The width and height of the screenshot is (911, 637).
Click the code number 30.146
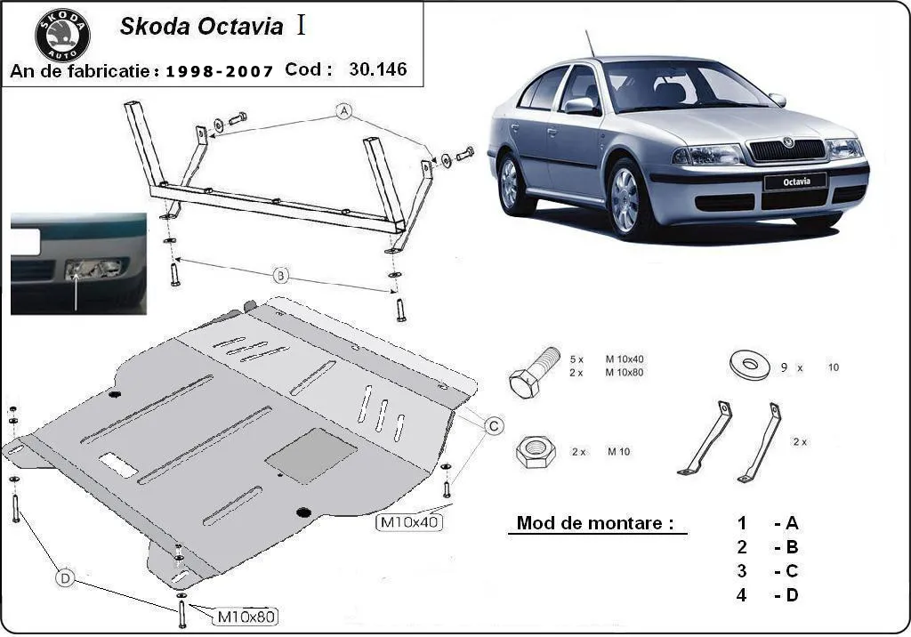click(x=378, y=69)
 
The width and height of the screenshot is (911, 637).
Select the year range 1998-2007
click(x=220, y=71)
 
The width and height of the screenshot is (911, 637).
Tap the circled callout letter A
click(x=343, y=111)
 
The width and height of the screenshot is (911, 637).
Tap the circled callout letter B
click(x=280, y=277)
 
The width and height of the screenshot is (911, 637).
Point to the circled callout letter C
click(x=493, y=426)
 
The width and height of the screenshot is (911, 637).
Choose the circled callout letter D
click(x=65, y=578)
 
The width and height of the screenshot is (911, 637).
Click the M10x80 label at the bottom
click(x=246, y=615)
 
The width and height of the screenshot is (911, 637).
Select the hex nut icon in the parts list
click(x=535, y=452)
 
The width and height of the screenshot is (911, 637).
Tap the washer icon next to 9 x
click(x=748, y=365)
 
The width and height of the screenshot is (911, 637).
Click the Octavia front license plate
click(x=794, y=181)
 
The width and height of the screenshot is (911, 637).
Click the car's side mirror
click(x=582, y=106)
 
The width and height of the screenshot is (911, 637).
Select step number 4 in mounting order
click(x=741, y=595)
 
